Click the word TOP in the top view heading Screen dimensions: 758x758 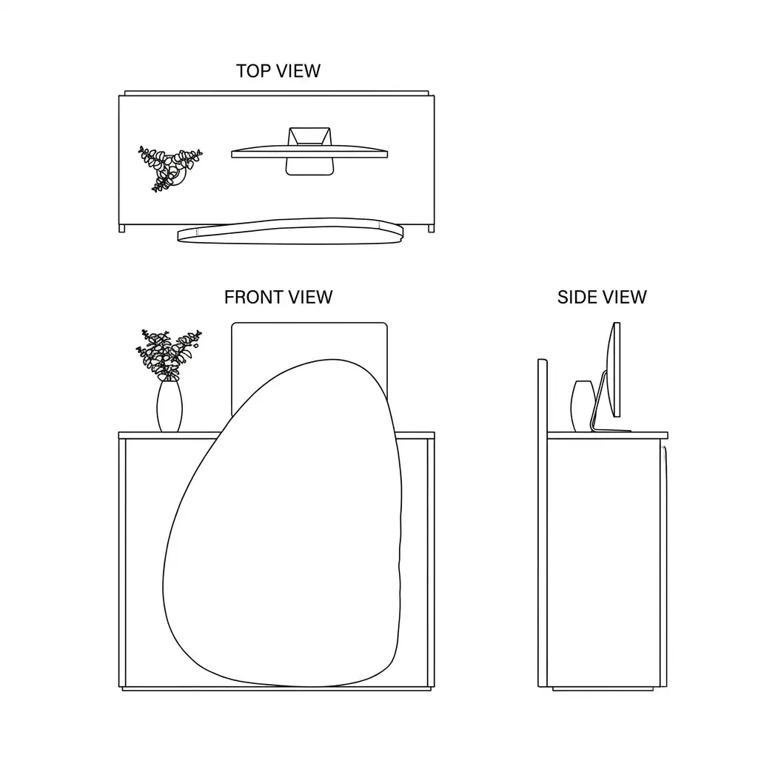253,71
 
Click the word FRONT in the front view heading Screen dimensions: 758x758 255,298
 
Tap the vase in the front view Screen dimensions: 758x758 170,406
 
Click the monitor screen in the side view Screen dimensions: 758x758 614,369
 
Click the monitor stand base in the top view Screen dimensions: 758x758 310,167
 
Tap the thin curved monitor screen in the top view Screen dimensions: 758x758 309,152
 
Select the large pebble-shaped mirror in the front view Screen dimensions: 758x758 283,522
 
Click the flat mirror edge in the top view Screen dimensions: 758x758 290,232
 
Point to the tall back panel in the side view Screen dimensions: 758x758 543,523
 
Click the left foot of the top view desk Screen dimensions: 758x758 122,229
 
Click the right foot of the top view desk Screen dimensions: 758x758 432,229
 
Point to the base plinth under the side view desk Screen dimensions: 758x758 603,688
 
